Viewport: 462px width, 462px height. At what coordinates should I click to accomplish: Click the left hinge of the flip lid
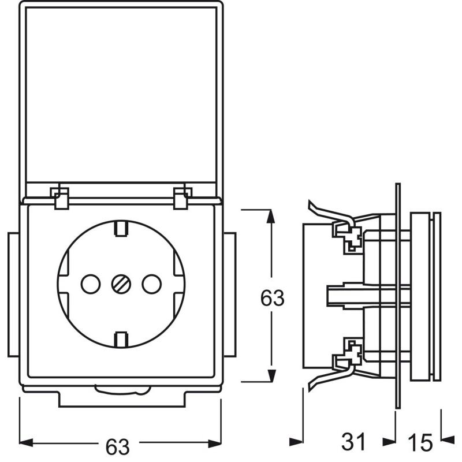(x=60, y=197)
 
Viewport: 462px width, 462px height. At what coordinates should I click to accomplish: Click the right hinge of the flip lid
(x=181, y=197)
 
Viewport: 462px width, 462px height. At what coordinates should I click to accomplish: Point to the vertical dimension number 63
(x=272, y=299)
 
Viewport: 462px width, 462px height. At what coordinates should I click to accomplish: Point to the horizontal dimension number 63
(x=117, y=446)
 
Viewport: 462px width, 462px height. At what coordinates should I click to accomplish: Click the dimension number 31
(x=353, y=443)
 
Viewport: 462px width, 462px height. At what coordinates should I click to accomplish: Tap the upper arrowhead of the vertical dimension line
(x=270, y=216)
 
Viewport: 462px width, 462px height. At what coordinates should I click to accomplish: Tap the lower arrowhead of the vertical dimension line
(x=270, y=375)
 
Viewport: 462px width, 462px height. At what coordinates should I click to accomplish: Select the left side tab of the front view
(x=13, y=294)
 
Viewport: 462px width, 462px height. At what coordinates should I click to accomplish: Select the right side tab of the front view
(x=229, y=294)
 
